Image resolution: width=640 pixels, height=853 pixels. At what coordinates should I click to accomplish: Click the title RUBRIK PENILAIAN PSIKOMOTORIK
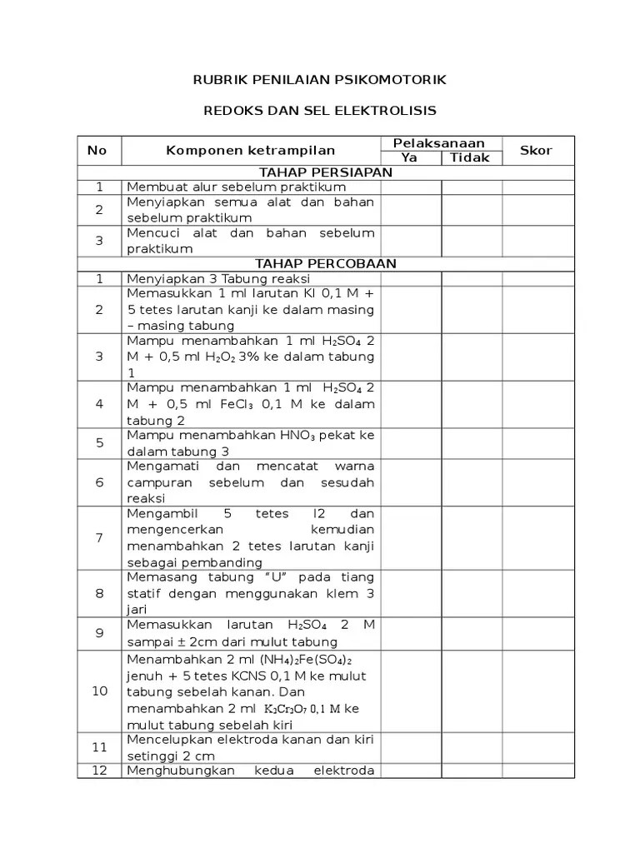pyautogui.click(x=320, y=79)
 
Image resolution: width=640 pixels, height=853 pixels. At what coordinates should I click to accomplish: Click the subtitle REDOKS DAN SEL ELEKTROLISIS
pyautogui.click(x=320, y=110)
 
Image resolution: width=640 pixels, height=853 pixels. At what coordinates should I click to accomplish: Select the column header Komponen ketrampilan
pyautogui.click(x=250, y=151)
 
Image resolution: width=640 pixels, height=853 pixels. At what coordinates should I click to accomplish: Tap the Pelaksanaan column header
pyautogui.click(x=442, y=143)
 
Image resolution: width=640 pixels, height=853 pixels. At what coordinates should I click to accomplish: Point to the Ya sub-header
pyautogui.click(x=409, y=157)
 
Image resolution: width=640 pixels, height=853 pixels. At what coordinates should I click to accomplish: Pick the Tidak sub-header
pyautogui.click(x=472, y=157)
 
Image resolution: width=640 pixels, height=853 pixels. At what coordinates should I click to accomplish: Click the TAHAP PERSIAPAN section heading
pyautogui.click(x=326, y=172)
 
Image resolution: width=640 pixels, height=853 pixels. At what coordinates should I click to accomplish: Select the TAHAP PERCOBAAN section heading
pyautogui.click(x=326, y=263)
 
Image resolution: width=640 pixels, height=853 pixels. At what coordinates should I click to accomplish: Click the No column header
pyautogui.click(x=97, y=151)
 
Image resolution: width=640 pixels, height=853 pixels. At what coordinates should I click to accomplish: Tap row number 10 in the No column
pyautogui.click(x=99, y=691)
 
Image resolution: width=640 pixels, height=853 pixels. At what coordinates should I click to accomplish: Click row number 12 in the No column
pyautogui.click(x=99, y=771)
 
